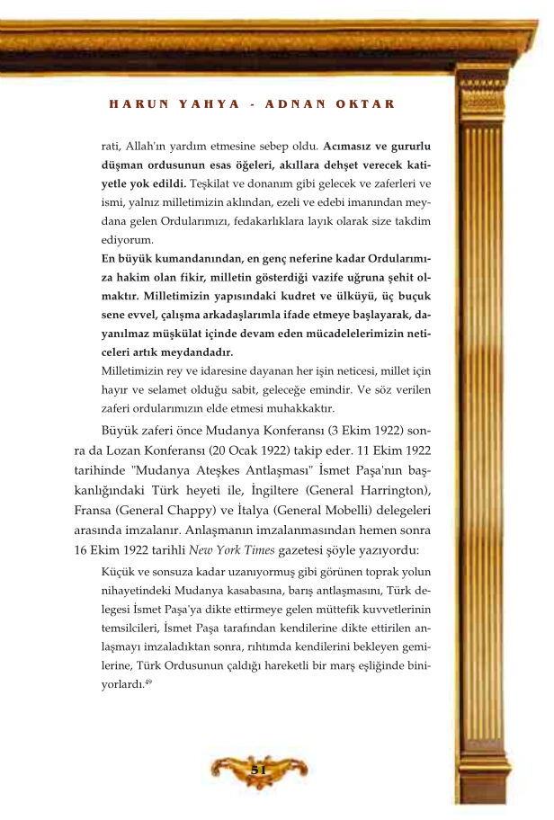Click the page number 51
[x=259, y=770]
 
